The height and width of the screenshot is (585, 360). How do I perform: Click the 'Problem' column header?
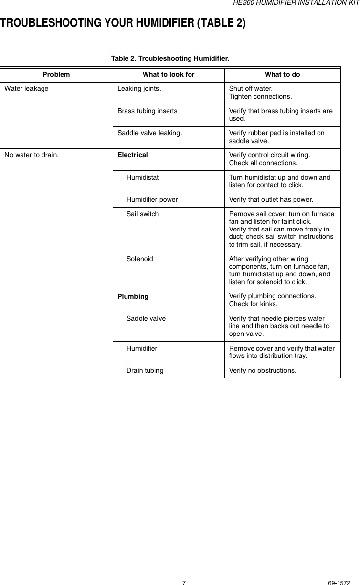coord(56,75)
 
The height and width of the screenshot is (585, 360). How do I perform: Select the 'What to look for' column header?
coord(168,75)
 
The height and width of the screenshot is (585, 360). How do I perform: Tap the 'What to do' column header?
coord(282,75)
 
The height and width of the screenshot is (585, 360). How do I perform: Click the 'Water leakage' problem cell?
coord(26,89)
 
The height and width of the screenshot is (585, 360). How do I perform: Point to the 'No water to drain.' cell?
coord(31,155)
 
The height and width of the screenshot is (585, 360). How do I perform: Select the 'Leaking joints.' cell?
coord(140,89)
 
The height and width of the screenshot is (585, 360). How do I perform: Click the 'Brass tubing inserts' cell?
coord(148,111)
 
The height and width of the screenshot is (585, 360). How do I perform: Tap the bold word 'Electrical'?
coord(132,155)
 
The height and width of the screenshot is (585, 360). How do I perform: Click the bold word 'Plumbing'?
coord(133,296)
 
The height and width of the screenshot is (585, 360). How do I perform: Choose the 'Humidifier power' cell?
coord(152,199)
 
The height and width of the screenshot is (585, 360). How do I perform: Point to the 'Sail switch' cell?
coord(143,214)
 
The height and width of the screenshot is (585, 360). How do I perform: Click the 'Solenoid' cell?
coord(140,259)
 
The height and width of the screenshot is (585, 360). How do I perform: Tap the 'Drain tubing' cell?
coord(145,370)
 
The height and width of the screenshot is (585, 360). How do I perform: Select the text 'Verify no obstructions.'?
coord(262,370)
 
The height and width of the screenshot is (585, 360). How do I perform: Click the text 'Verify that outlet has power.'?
coord(271,199)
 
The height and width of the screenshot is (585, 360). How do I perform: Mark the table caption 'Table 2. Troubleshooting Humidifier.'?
coord(170,59)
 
